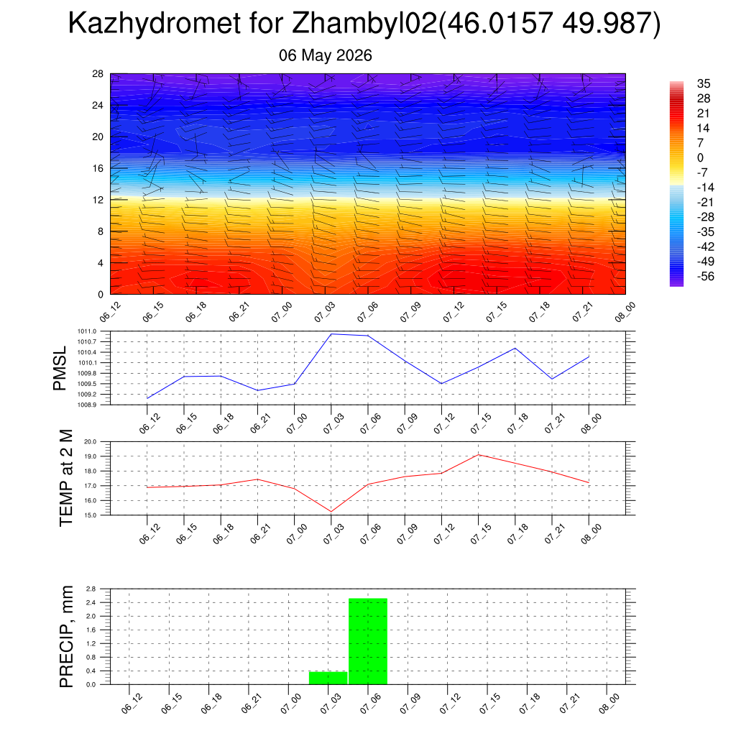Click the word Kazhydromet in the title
155,23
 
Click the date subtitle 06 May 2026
326,55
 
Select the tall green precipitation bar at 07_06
368,641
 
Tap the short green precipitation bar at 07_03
328,678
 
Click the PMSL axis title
60,369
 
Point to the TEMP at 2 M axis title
67,478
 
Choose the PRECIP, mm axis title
67,637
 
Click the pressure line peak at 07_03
331,334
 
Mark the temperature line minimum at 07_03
331,512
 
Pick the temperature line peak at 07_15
478,455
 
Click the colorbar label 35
704,83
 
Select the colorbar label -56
706,277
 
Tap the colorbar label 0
700,157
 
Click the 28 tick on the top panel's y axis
98,74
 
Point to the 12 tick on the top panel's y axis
98,200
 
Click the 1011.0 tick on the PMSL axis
87,331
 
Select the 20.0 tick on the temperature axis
90,442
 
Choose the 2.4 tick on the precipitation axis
91,603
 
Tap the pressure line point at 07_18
515,349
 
